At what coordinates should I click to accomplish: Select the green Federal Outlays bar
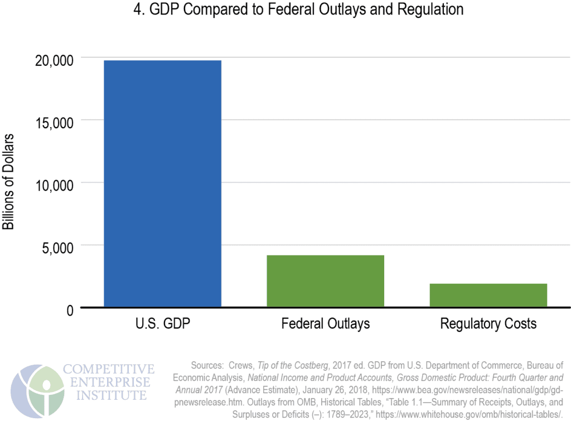click(x=325, y=280)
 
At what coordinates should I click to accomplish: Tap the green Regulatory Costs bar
click(x=488, y=295)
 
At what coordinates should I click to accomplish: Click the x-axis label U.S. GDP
click(x=163, y=324)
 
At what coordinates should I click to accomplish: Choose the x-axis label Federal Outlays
click(x=325, y=324)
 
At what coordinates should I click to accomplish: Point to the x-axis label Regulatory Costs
click(x=488, y=324)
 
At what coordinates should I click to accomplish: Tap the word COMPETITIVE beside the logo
click(x=109, y=369)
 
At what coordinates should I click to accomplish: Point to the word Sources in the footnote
click(x=207, y=366)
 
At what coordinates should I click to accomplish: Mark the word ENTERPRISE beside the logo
click(x=107, y=383)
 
